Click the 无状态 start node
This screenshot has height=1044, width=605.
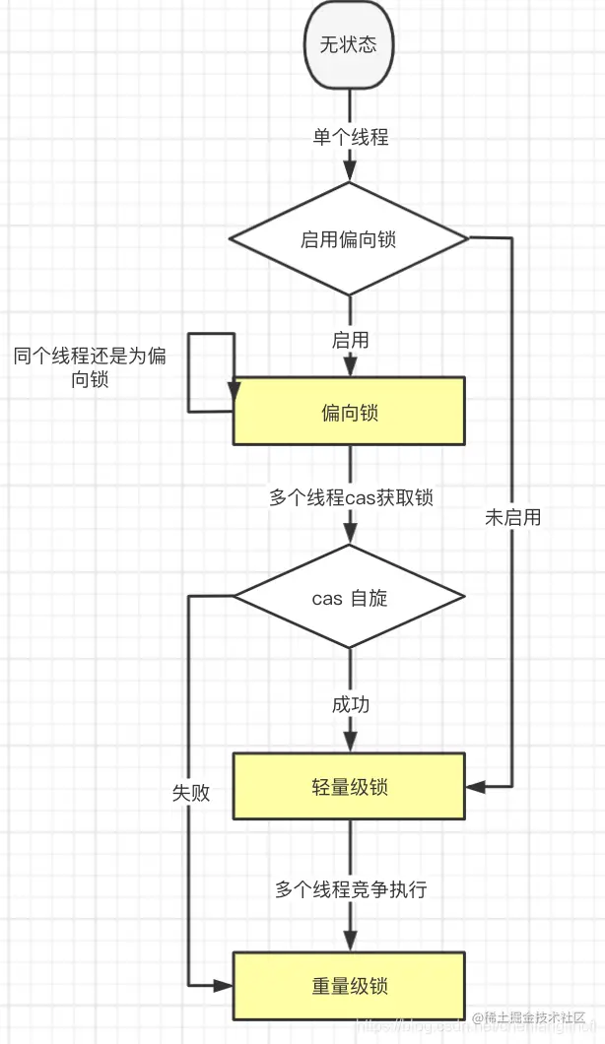349,44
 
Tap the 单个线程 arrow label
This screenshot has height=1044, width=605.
351,137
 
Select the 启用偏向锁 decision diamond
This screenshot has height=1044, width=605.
349,238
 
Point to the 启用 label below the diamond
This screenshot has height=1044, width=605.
350,340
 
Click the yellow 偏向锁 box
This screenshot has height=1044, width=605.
349,411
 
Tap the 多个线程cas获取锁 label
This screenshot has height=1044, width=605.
351,497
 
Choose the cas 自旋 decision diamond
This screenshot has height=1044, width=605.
349,597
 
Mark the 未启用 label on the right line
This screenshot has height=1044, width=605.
513,517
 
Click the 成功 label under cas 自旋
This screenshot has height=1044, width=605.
350,705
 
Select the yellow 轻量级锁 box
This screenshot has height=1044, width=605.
349,786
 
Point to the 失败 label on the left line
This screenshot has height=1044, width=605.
190,793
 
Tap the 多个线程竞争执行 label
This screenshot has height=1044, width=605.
351,889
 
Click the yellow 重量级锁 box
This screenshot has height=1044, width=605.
349,985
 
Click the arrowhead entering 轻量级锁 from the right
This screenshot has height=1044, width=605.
474,786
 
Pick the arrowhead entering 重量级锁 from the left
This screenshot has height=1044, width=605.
226,985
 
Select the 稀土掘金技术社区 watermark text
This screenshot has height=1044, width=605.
529,1017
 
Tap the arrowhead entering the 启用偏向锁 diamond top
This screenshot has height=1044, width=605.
349,174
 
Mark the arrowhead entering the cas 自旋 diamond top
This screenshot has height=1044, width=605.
349,537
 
